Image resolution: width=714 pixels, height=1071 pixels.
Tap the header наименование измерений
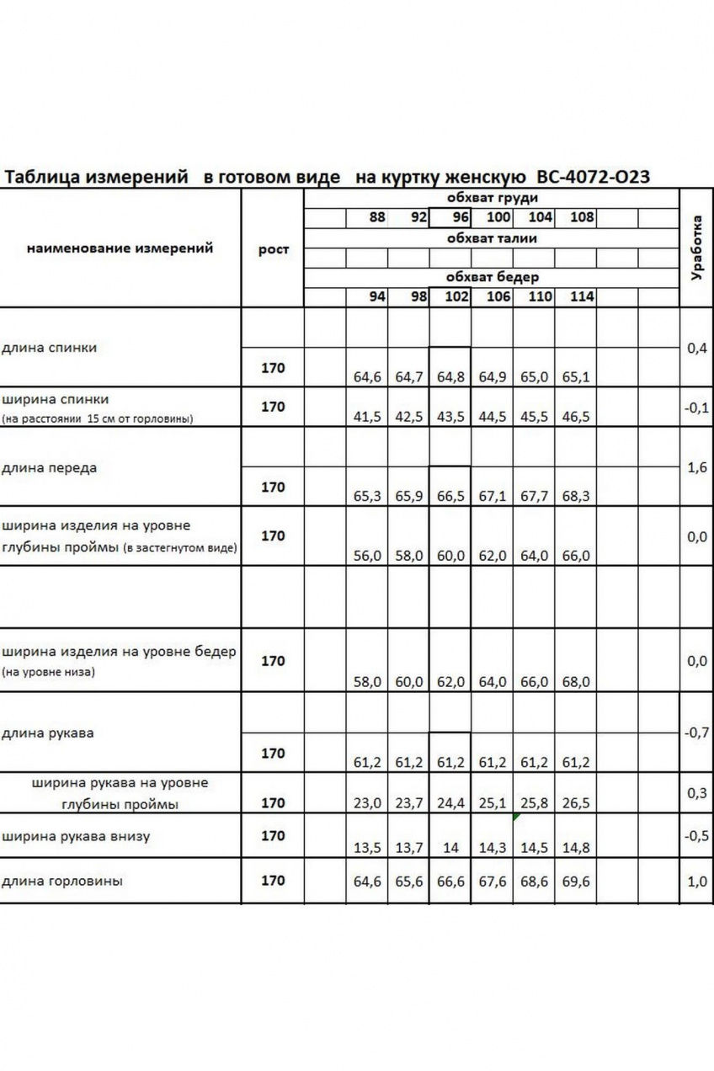(120, 248)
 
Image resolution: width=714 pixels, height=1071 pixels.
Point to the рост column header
(274, 249)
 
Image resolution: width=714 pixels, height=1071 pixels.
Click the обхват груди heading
(493, 199)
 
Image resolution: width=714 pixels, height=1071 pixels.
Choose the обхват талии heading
(493, 238)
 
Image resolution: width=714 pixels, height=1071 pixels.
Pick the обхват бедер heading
(493, 277)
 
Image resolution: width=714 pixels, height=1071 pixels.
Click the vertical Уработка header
(696, 247)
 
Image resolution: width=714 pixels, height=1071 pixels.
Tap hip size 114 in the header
(581, 296)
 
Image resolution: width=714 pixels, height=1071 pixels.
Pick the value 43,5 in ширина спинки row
(450, 417)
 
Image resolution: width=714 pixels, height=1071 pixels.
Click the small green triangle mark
(516, 816)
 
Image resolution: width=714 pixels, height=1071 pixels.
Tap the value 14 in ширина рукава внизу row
(450, 848)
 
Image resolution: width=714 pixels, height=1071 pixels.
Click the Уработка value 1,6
(696, 467)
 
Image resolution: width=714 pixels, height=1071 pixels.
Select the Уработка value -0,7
(696, 733)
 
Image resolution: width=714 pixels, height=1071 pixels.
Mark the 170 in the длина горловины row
(274, 881)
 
